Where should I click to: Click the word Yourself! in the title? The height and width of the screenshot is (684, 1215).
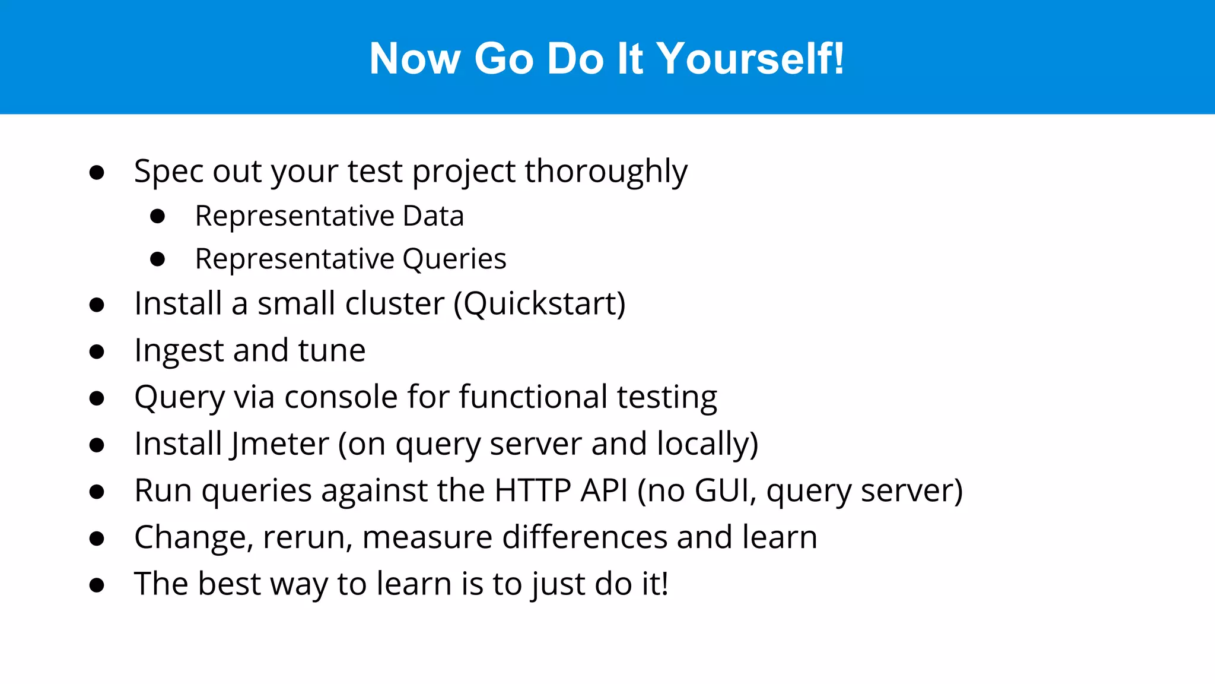click(750, 58)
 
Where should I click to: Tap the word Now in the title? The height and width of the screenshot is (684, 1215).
click(415, 58)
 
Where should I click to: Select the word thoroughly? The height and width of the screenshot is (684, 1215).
click(606, 172)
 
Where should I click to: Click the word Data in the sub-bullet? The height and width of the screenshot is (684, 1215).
click(433, 216)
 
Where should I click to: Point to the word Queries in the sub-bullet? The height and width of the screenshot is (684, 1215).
click(454, 259)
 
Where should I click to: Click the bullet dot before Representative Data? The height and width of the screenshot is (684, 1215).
click(157, 216)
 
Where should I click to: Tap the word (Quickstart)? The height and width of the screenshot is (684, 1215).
click(539, 303)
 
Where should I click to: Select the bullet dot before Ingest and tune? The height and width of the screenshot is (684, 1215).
click(97, 351)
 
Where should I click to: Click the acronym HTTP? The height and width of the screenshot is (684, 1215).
click(532, 490)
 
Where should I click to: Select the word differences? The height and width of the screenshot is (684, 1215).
click(584, 537)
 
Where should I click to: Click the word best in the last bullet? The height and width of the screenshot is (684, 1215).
click(229, 584)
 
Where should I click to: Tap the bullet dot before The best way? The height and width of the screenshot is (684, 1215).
click(97, 585)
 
